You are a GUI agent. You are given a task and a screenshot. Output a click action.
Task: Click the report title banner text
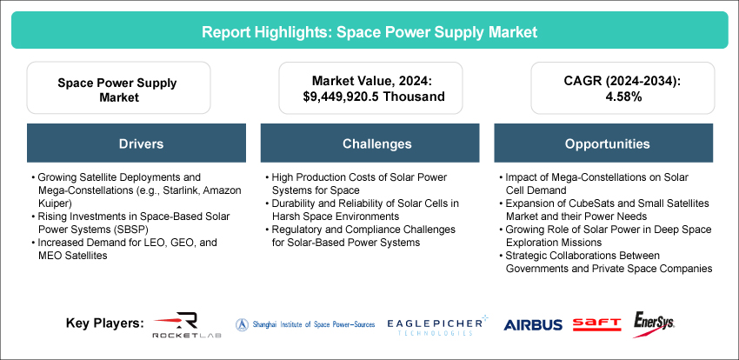369,32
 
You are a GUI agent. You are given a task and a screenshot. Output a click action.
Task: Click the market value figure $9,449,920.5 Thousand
368,97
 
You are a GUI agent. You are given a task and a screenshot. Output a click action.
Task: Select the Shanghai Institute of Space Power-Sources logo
304,323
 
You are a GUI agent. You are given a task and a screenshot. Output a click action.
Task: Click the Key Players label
104,323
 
